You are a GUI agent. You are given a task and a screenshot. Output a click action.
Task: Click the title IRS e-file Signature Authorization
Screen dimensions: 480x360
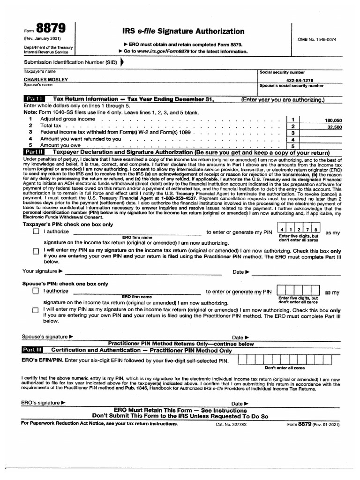point(183,31)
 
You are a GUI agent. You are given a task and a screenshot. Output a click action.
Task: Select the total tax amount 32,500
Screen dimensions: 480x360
point(334,127)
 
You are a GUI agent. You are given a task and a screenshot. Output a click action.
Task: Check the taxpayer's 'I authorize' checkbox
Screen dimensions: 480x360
point(36,232)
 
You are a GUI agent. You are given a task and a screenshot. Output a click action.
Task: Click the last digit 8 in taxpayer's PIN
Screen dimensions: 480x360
point(316,230)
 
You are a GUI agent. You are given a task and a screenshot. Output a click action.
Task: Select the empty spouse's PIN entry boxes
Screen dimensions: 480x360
point(299,290)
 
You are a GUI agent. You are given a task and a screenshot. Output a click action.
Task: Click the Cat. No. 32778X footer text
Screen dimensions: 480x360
point(231,424)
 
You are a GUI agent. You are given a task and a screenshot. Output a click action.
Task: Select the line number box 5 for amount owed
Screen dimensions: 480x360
point(292,146)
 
